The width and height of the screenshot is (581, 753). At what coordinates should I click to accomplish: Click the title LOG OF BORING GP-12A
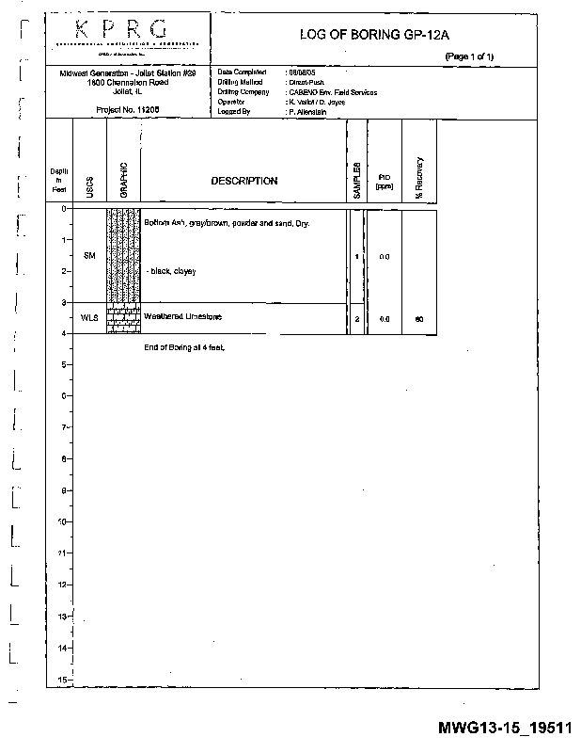[x=374, y=35]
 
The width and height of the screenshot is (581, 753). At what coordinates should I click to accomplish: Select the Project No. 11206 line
[x=127, y=109]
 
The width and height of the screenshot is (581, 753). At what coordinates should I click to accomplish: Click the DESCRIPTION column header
[x=243, y=181]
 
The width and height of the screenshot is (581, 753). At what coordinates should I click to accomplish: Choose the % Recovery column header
[x=419, y=176]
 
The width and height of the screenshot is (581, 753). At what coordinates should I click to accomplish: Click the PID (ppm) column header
[x=384, y=181]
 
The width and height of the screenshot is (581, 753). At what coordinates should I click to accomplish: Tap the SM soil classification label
[x=89, y=256]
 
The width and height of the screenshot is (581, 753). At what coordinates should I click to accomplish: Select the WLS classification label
[x=89, y=318]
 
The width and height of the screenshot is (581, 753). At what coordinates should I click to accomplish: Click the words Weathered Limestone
[x=182, y=317]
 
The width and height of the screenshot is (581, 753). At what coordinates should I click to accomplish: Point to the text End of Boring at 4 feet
[x=185, y=347]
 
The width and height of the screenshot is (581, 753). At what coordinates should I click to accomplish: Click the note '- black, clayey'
[x=170, y=271]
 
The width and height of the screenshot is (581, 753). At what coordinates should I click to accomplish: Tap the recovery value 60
[x=419, y=319]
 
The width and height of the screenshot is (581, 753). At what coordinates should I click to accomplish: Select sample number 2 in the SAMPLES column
[x=356, y=319]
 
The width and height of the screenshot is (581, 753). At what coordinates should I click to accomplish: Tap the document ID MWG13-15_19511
[x=505, y=728]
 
